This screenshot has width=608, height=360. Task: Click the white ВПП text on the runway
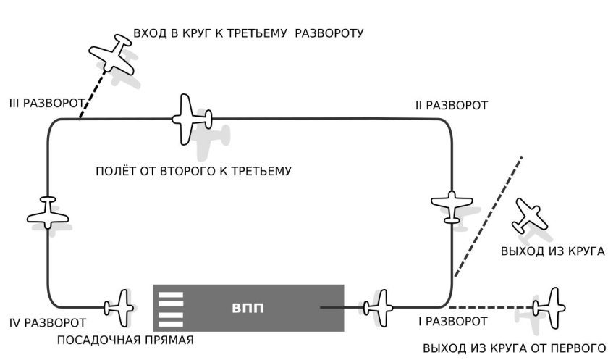point(248,308)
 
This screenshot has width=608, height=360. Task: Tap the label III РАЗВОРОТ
point(46,103)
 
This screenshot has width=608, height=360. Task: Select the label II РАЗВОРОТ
point(452,105)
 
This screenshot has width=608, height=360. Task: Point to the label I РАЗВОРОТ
point(453,321)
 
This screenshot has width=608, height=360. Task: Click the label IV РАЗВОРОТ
point(47,323)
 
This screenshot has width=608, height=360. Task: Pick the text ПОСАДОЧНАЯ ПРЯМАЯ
point(125,340)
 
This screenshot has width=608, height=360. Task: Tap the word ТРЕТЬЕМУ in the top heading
point(257,33)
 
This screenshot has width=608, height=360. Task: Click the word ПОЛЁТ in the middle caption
point(116,171)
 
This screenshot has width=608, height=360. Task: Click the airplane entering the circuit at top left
point(112,54)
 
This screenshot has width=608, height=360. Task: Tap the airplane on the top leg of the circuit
point(192,119)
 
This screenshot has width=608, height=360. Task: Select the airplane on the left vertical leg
point(48,212)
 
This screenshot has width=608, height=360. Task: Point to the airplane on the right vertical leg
point(452,206)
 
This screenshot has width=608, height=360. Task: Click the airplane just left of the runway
point(119,308)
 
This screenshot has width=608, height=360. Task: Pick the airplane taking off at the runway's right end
point(378,308)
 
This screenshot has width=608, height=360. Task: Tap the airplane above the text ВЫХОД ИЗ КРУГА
point(529,216)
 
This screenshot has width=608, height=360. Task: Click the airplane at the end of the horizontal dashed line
point(549,308)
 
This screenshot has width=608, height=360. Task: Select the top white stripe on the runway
point(171,296)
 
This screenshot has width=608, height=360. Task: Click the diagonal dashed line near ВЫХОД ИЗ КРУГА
point(489,217)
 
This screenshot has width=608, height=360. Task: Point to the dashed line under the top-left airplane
point(93,93)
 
